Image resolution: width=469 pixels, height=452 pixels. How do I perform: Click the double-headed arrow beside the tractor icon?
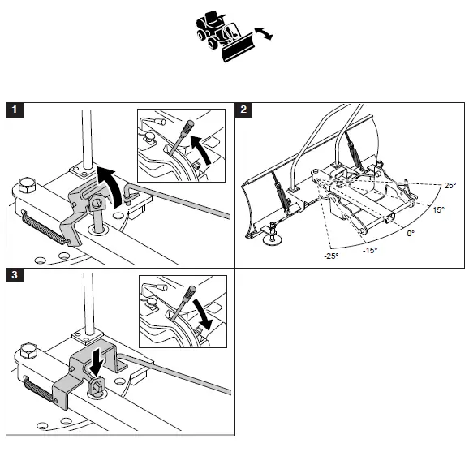pyautogui.click(x=261, y=32)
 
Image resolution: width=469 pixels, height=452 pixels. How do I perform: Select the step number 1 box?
pyautogui.click(x=13, y=109)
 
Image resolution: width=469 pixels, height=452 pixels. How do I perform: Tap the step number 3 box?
pyautogui.click(x=13, y=276)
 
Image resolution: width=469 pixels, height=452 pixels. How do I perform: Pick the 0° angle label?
pyautogui.click(x=410, y=234)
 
